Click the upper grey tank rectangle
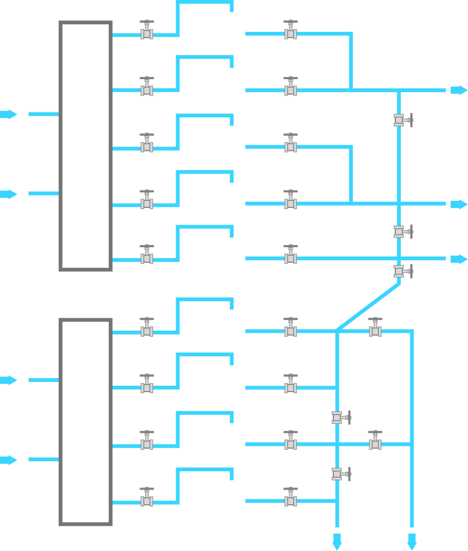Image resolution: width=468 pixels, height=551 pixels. click(x=85, y=146)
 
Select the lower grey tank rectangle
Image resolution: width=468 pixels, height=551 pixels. click(x=85, y=422)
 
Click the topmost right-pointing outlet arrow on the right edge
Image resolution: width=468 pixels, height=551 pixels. click(x=458, y=90)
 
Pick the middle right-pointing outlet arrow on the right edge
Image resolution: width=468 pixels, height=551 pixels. click(x=458, y=204)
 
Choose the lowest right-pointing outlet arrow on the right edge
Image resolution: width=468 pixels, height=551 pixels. click(x=458, y=259)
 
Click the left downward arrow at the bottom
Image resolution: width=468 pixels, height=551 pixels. click(x=337, y=541)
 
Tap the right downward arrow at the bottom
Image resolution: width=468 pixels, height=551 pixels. click(x=412, y=541)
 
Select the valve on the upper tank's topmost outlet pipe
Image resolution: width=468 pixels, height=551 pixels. click(x=146, y=32)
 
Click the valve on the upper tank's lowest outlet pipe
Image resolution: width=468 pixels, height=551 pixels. click(x=146, y=256)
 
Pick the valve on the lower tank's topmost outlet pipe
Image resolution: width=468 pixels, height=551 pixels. click(x=146, y=329)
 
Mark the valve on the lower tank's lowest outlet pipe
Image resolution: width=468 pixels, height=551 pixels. click(x=146, y=499)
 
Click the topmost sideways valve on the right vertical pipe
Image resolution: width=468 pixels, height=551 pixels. click(x=401, y=120)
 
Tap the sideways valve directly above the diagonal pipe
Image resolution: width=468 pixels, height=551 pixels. click(x=401, y=271)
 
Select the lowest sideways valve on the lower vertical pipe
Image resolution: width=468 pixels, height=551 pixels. click(x=339, y=474)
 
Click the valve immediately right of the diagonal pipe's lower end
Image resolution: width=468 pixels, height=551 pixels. click(x=375, y=329)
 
